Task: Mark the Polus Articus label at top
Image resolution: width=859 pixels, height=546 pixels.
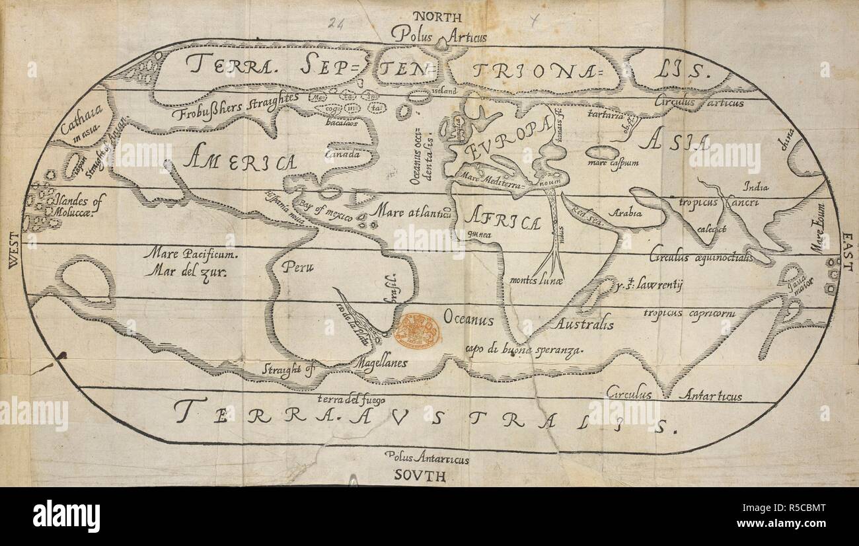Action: [438, 35]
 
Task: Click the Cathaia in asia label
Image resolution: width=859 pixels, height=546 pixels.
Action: [79, 123]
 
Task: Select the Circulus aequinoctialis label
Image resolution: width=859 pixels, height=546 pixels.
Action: [700, 257]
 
